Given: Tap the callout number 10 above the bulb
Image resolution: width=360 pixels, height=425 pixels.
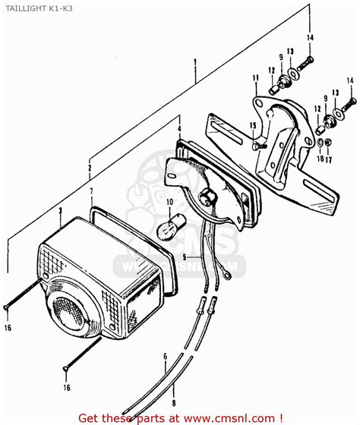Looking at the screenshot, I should coord(169,202).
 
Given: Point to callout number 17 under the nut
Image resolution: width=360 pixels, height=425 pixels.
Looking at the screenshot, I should coord(328,161).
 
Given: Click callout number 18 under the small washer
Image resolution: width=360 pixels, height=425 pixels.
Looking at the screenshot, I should coord(321,161).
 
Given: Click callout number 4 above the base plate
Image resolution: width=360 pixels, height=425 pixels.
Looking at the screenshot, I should coord(178,119).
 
